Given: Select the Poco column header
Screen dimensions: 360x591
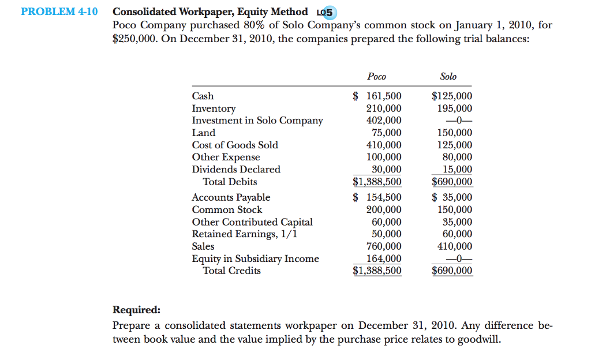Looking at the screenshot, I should point(376,76).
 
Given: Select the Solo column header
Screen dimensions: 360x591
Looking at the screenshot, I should point(448,76).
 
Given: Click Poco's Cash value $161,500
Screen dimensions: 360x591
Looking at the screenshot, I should point(377,96).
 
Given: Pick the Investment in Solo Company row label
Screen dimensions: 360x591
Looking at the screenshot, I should point(257,121).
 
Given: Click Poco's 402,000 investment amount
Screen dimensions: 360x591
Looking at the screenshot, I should point(384,121).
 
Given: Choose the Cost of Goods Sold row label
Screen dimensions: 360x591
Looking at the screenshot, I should point(234,145).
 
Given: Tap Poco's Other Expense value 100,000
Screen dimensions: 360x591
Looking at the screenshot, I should point(384,157).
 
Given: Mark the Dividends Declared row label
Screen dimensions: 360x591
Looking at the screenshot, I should point(235,169).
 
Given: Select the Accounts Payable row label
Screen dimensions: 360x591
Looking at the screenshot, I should point(230,197).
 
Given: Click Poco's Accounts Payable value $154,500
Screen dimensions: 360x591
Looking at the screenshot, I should point(377,197).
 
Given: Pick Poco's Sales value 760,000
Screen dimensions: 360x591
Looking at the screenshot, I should point(384,246).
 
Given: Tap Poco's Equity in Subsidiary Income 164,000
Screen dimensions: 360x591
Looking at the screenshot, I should point(384,258).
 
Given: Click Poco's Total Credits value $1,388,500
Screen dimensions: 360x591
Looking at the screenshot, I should point(377,271).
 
